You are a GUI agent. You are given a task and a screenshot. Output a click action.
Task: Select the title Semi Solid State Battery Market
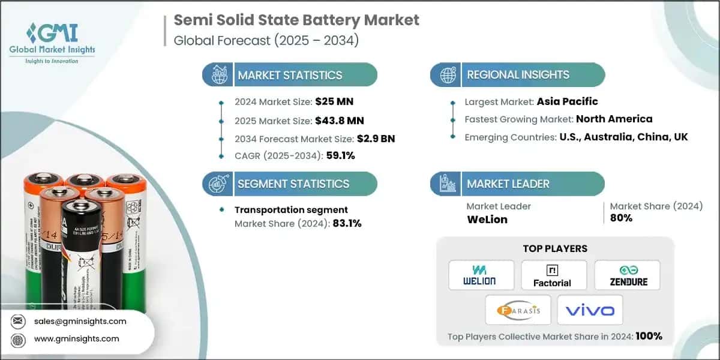click(x=296, y=20)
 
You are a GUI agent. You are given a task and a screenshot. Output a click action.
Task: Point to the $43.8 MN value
click(x=339, y=120)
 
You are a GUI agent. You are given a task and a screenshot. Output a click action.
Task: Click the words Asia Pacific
click(x=568, y=101)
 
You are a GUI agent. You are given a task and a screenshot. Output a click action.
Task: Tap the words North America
click(x=614, y=119)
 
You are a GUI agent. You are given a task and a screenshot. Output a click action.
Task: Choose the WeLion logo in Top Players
click(x=481, y=275)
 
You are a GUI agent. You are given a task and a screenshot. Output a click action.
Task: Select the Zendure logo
click(x=627, y=275)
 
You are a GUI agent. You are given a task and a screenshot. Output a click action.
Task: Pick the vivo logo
click(x=590, y=310)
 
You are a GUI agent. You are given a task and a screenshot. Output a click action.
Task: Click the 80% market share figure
click(x=621, y=218)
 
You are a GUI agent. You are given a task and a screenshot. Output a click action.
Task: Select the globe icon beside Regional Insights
click(x=448, y=75)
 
